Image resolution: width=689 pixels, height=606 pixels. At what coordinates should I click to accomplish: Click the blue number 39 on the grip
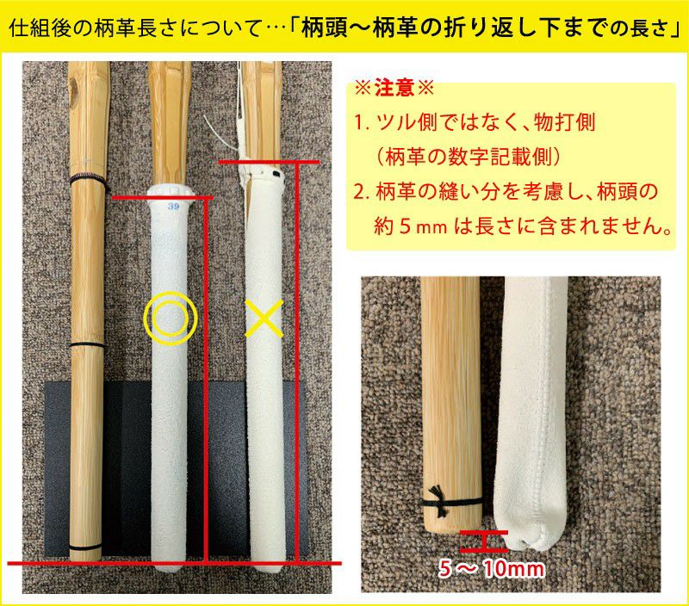click(x=174, y=206)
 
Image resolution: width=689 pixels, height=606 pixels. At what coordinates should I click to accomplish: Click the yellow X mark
click(x=264, y=318)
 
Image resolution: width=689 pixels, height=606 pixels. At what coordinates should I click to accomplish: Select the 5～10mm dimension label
click(x=492, y=569)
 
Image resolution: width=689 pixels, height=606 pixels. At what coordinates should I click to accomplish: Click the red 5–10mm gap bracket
click(x=484, y=541)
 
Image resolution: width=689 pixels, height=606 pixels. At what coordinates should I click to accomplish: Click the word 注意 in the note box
click(x=394, y=89)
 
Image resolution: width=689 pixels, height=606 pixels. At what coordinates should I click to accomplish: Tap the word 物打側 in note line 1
click(x=565, y=121)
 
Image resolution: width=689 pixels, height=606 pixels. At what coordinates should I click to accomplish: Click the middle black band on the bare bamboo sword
click(x=88, y=344)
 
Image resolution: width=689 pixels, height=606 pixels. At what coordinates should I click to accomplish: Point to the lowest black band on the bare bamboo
click(x=86, y=548)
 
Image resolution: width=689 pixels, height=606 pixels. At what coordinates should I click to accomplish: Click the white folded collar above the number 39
click(x=171, y=192)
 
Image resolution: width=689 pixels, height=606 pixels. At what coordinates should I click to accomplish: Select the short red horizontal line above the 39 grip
click(x=163, y=198)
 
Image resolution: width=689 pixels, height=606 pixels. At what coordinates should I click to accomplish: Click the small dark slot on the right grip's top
click(x=276, y=176)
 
